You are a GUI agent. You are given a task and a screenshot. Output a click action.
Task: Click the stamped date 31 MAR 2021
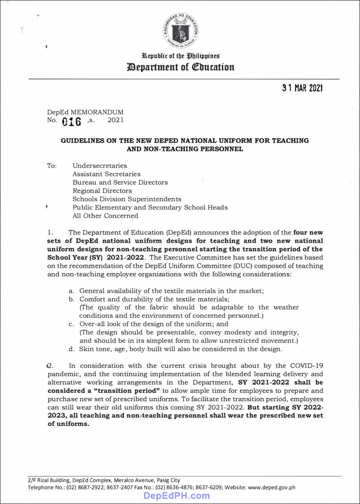point(302,88)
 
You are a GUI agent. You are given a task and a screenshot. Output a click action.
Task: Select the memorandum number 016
point(72,121)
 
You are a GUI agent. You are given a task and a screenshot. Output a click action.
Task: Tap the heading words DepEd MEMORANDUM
point(85,112)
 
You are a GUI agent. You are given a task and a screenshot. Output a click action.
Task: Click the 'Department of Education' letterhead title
point(180,67)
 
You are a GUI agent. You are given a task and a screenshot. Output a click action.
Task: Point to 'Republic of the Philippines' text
point(180,56)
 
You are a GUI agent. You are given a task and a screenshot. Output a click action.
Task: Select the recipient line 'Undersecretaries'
point(100,166)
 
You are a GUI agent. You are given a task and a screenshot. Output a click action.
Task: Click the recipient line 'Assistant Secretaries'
point(106,174)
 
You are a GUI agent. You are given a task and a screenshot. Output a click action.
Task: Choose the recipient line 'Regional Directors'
point(102,191)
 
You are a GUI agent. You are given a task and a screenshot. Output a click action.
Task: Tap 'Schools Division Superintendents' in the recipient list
point(127,199)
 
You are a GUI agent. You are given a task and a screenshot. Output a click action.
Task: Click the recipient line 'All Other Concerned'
point(105,216)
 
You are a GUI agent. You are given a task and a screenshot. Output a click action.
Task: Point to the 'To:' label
point(52,166)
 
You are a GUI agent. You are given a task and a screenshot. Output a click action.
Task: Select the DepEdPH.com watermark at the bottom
point(176,496)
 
